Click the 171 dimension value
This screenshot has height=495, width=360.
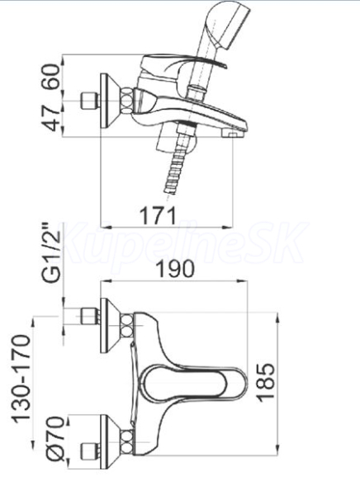158,215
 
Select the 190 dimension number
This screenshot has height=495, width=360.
176,269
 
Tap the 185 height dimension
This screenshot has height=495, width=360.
267,383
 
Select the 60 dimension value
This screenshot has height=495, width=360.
50,77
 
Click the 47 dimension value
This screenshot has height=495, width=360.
50,118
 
